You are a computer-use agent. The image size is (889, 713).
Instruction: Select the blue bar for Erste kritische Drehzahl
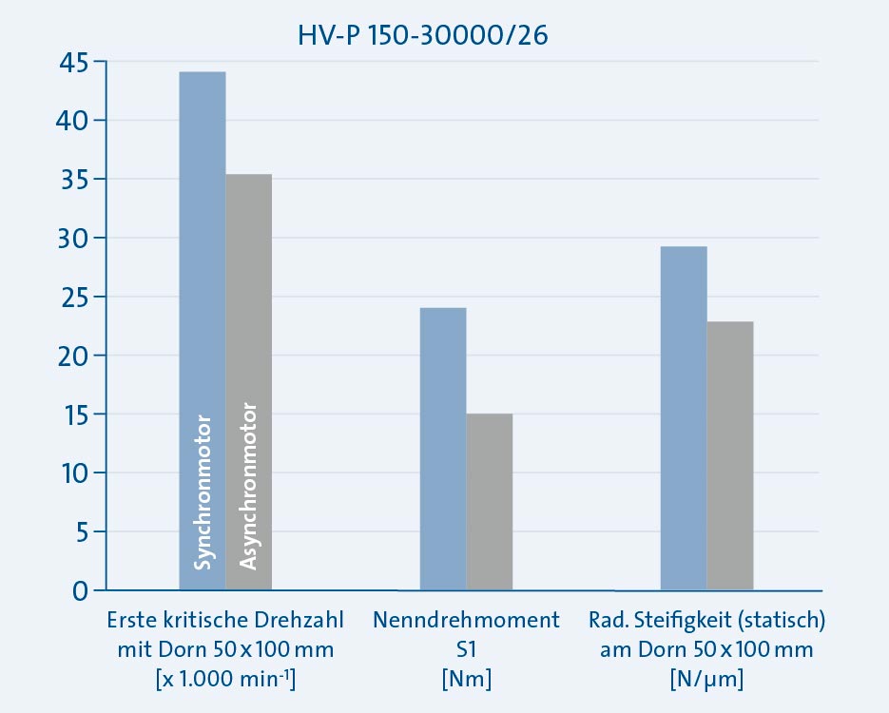point(203,285)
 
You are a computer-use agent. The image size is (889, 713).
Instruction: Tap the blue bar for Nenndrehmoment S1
point(443,447)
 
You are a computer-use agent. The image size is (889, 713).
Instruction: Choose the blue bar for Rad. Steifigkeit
point(684,418)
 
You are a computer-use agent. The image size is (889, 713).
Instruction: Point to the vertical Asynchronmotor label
point(248,488)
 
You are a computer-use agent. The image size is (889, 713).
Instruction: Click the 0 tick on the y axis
point(79,591)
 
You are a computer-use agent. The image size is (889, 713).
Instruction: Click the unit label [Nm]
point(466,680)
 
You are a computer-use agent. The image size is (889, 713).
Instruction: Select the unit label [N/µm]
point(707,680)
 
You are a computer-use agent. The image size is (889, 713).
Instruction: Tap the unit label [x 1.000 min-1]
point(224,680)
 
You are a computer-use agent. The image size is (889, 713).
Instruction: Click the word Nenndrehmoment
point(466,622)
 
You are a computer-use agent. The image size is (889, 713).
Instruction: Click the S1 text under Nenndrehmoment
point(466,651)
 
